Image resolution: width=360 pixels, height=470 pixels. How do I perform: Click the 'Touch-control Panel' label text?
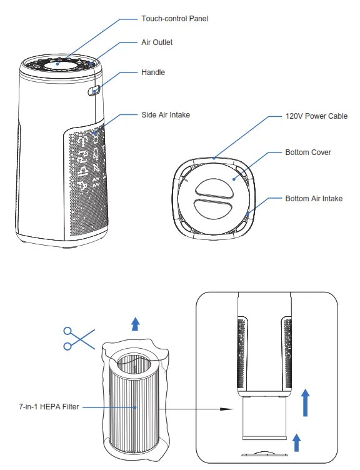(x=174, y=19)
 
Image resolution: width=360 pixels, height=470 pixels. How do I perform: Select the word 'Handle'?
(x=153, y=72)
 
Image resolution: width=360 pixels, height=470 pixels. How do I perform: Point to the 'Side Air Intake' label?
(x=165, y=115)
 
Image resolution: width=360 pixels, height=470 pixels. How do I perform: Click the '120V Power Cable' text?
(x=316, y=116)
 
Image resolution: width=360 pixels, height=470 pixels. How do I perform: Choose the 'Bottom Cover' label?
(x=308, y=152)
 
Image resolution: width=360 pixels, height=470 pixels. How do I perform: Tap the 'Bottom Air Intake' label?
(x=314, y=199)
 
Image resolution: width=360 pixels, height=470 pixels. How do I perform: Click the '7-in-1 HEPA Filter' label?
(x=49, y=407)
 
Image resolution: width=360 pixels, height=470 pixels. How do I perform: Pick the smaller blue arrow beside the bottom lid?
(x=297, y=442)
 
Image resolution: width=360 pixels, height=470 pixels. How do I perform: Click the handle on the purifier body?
(x=95, y=91)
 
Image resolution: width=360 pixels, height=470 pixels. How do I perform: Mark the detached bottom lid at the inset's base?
(x=262, y=454)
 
